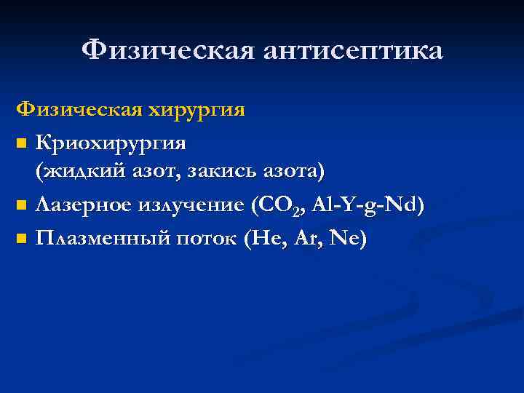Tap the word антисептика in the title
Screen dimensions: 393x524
click(346, 51)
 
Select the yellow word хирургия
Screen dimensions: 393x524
click(196, 111)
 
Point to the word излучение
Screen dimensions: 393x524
click(194, 205)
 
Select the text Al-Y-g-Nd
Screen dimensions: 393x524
click(367, 205)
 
